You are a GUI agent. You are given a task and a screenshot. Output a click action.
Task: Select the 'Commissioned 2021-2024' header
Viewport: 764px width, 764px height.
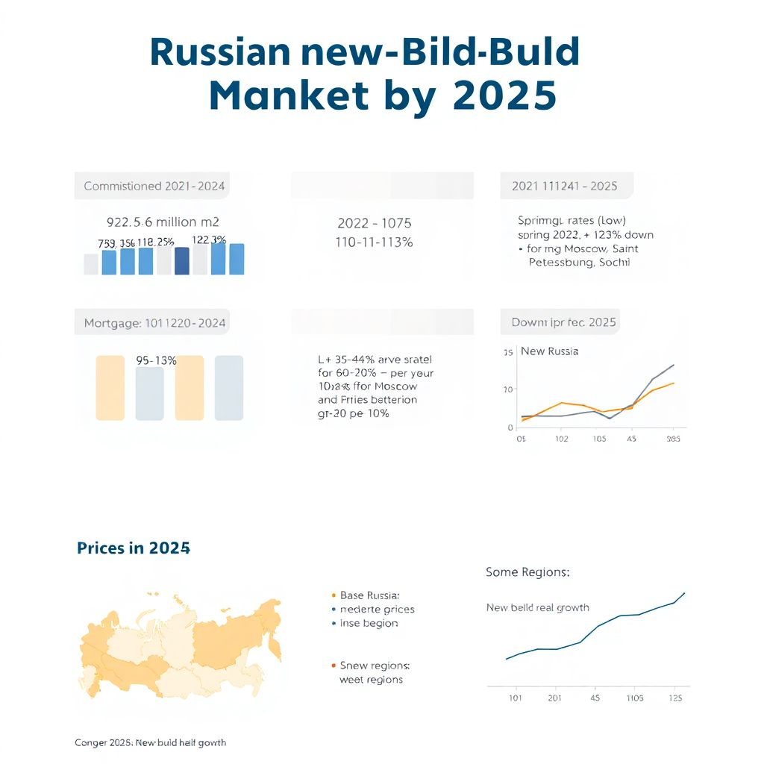click(154, 186)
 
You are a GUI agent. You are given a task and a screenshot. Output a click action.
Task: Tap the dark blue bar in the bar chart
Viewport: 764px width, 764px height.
click(182, 261)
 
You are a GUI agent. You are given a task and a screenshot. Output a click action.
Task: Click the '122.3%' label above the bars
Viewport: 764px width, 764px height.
click(209, 239)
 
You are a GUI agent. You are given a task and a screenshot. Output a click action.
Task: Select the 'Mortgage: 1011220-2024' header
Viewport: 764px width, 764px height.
click(154, 323)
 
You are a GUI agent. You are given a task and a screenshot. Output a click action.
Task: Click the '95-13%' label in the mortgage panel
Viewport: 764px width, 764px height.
click(157, 360)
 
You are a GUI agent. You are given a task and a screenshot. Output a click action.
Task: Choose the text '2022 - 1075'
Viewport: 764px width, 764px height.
click(374, 223)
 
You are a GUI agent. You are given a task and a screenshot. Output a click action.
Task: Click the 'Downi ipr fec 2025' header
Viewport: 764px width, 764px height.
click(563, 322)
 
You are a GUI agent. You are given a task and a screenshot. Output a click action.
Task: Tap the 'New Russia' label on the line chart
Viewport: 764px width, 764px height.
click(549, 351)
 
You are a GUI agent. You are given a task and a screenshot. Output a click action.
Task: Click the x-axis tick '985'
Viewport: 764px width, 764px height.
click(672, 439)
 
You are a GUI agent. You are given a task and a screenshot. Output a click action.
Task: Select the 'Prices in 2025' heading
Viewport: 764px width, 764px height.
click(134, 548)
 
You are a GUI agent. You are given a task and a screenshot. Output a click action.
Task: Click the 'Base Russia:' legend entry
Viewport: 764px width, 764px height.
click(369, 595)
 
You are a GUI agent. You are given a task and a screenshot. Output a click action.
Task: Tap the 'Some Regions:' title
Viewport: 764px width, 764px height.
click(527, 572)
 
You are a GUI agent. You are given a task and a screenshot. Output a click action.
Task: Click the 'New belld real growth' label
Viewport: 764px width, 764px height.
click(537, 607)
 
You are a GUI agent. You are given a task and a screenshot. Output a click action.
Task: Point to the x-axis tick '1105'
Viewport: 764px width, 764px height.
click(634, 698)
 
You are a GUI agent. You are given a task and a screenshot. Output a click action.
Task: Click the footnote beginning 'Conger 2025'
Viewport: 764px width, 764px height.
click(151, 742)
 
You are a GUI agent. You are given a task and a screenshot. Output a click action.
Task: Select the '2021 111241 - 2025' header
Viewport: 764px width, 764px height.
click(565, 186)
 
